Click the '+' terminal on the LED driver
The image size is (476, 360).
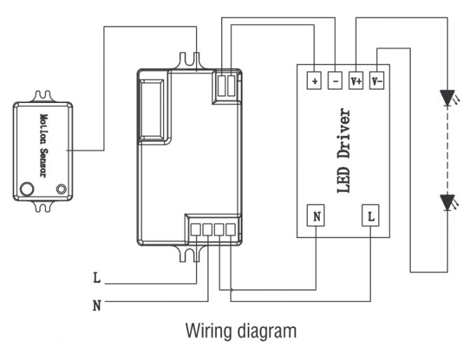pyautogui.click(x=314, y=81)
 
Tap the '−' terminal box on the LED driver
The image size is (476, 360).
pyautogui.click(x=335, y=81)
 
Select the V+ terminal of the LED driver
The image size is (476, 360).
pyautogui.click(x=356, y=81)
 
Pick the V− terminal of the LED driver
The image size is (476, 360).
pyautogui.click(x=377, y=81)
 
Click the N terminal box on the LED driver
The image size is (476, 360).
pyautogui.click(x=317, y=216)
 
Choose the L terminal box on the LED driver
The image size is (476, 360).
pyautogui.click(x=370, y=216)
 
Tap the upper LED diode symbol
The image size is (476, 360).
pyautogui.click(x=447, y=98)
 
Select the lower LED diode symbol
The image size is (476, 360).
pyautogui.click(x=447, y=202)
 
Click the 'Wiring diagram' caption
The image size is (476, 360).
pyautogui.click(x=240, y=331)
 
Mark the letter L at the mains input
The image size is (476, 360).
pyautogui.click(x=97, y=278)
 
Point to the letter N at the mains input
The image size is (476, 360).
pyautogui.click(x=97, y=305)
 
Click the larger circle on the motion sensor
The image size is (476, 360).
pyautogui.click(x=28, y=188)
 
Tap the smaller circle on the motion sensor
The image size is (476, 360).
pyautogui.click(x=61, y=188)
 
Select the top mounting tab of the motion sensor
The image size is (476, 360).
pyautogui.click(x=43, y=95)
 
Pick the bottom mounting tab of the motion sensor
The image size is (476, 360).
pyautogui.click(x=43, y=205)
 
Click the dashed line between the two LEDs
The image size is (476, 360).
pyautogui.click(x=447, y=151)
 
